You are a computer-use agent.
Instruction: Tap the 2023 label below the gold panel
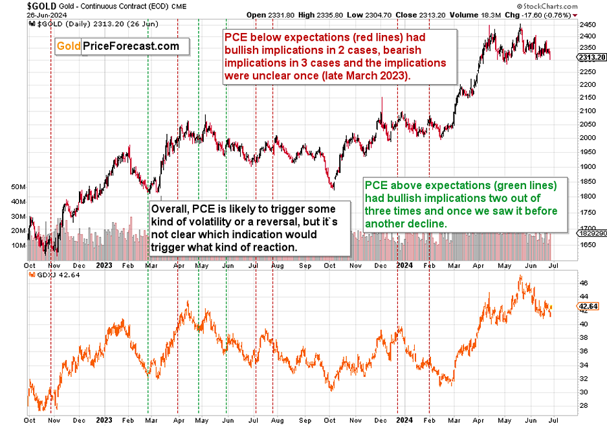[x=104, y=265]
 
